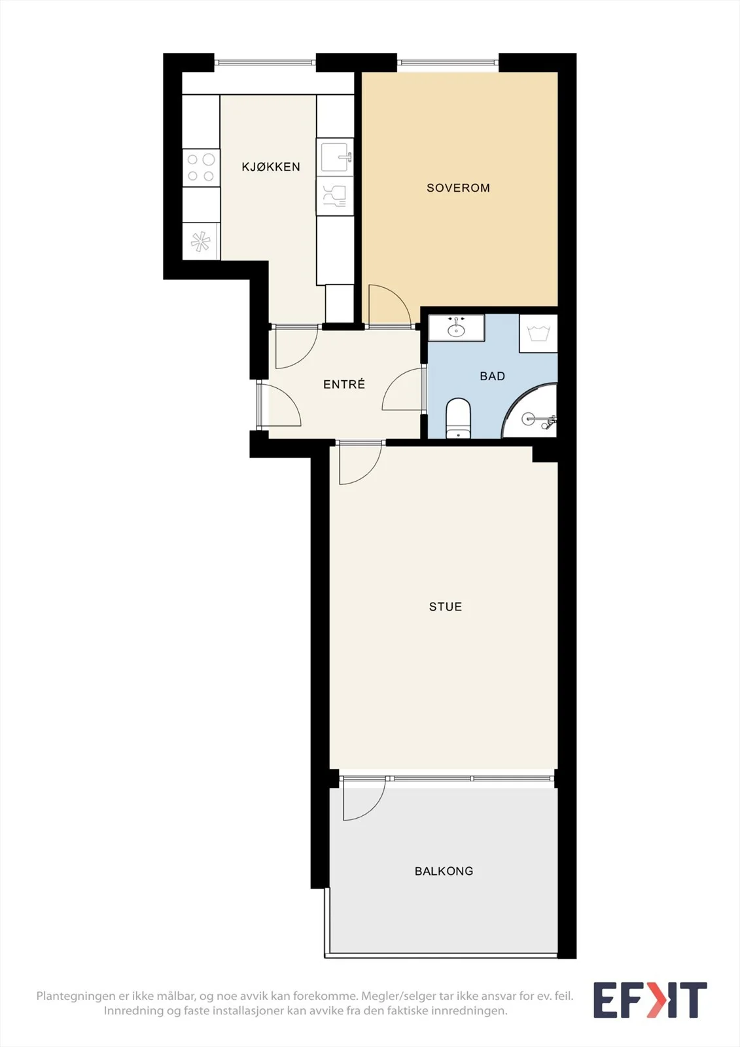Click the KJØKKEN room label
tap(271, 167)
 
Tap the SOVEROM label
tap(458, 188)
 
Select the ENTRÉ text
tap(344, 384)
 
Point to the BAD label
tap(492, 376)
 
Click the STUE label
tap(446, 607)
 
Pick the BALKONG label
tap(444, 871)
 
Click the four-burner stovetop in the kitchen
tap(201, 168)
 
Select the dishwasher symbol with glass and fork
tap(335, 196)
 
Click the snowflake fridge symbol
tap(200, 241)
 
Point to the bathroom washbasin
tap(456, 328)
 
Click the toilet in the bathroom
tap(457, 418)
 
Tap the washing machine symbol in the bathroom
tap(538, 333)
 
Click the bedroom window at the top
tap(448, 62)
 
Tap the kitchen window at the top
tap(265, 62)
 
